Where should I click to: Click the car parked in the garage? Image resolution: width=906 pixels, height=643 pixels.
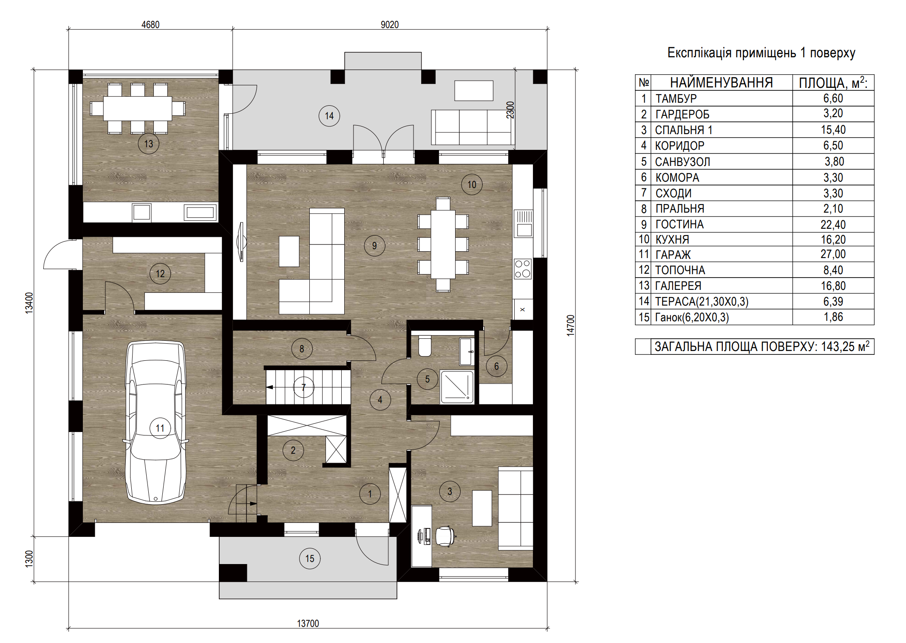point(156,423)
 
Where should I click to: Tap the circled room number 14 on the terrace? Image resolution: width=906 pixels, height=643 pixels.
point(329,116)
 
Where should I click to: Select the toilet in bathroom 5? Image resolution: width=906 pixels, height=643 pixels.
point(425,346)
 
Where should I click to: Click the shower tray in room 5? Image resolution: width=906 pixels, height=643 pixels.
point(457,386)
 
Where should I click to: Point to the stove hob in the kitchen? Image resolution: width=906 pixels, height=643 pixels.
point(523,268)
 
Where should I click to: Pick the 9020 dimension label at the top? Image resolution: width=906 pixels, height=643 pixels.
point(390,25)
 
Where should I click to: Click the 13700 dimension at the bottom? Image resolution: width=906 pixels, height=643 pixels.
point(308,623)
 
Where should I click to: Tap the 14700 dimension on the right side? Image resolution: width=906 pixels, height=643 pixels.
point(570,325)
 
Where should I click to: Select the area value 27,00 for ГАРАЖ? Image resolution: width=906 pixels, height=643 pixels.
point(833,254)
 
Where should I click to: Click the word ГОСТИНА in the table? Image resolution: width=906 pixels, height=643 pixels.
point(679,224)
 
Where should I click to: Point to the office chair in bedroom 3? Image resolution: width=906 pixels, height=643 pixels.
point(445,536)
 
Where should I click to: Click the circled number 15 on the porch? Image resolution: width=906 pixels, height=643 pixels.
point(310,559)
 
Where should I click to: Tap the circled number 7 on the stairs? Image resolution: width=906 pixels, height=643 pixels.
point(303,387)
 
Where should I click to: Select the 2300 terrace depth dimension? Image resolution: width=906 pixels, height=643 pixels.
point(510,110)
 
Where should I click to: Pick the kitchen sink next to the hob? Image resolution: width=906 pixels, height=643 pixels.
point(524,224)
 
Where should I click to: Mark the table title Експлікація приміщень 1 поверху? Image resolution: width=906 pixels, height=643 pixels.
point(761,53)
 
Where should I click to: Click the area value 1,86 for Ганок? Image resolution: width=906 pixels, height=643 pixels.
point(833,317)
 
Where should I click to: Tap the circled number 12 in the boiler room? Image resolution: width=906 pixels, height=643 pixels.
point(160,274)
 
